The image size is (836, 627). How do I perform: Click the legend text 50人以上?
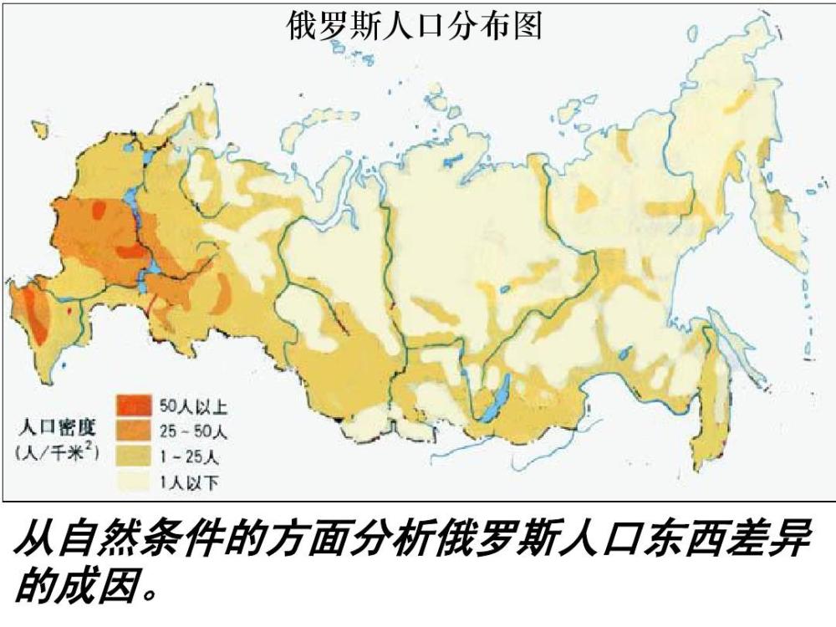point(193,407)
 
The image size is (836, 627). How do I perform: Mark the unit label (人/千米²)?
point(57,453)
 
